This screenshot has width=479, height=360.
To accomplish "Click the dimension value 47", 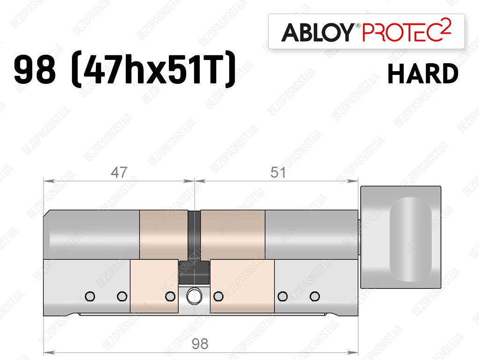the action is point(119,173).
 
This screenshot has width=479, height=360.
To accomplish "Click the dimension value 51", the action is point(278,173).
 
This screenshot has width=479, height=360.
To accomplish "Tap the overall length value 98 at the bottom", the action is point(200,344).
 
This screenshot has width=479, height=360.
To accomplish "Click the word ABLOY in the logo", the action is point(318,32).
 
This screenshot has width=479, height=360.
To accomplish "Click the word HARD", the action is point(423,73).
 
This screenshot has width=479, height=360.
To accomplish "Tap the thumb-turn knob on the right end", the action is point(400,237).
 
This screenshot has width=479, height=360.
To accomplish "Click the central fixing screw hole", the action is point(194,296).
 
